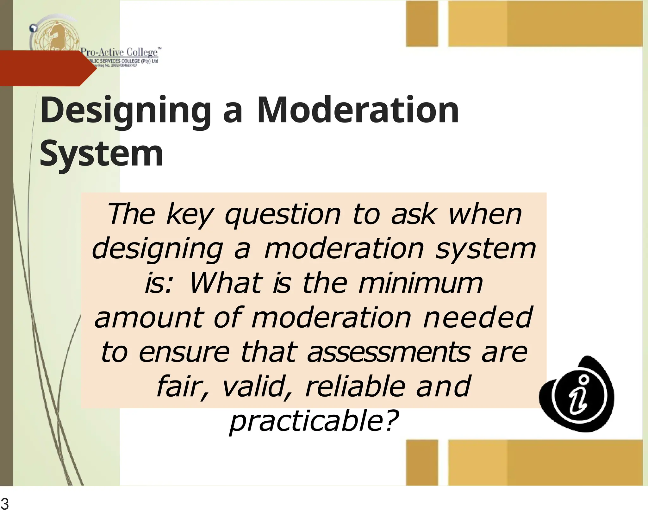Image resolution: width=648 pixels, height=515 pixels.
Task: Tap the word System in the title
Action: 101,154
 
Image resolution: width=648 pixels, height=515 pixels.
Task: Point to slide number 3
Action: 5,504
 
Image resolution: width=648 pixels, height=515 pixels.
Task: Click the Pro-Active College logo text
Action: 120,52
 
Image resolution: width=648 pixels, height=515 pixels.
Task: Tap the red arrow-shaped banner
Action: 44,68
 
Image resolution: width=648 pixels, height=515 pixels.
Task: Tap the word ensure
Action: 184,352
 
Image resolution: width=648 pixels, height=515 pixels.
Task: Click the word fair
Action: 181,386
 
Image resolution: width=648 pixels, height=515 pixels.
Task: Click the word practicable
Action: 313,421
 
